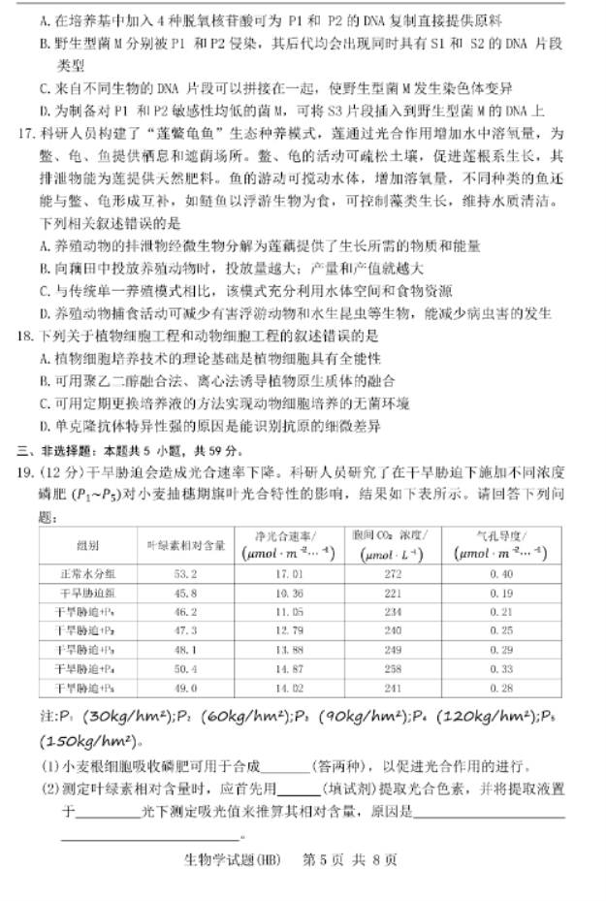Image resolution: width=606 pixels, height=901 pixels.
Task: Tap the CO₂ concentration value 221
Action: [393, 593]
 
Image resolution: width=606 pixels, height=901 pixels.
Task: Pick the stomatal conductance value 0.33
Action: [501, 669]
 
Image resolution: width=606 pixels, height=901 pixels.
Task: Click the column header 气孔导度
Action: [501, 535]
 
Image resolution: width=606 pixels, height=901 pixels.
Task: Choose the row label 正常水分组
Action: [89, 573]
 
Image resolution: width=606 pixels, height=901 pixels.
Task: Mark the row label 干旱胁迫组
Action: [89, 593]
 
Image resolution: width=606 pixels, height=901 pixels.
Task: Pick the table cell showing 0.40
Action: [501, 573]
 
